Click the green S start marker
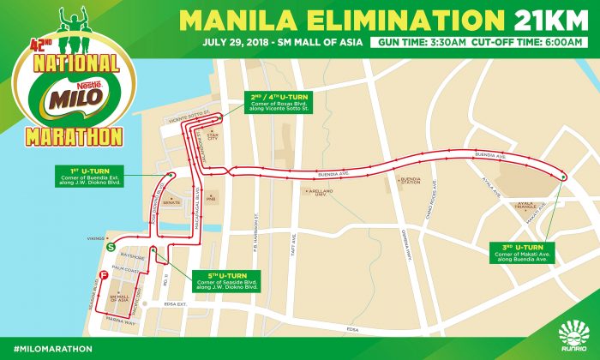tap(110, 245)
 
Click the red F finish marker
tap(103, 274)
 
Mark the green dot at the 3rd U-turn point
tap(564, 177)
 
